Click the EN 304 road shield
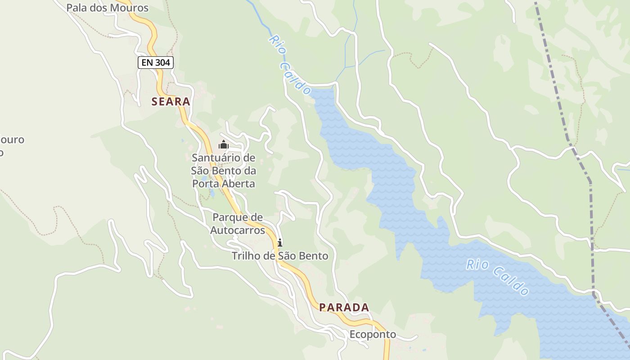click(155, 63)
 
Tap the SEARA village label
click(171, 102)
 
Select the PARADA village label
click(344, 307)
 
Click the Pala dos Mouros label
click(107, 8)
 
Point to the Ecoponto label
click(373, 334)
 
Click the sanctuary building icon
click(224, 145)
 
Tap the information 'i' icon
click(279, 243)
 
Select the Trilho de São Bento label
click(279, 256)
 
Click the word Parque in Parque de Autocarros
click(230, 217)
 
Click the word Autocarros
click(238, 230)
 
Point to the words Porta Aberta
click(223, 184)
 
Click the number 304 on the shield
click(162, 63)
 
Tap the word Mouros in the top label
click(131, 8)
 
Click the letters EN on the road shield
click(147, 63)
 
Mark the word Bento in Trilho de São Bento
click(313, 256)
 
